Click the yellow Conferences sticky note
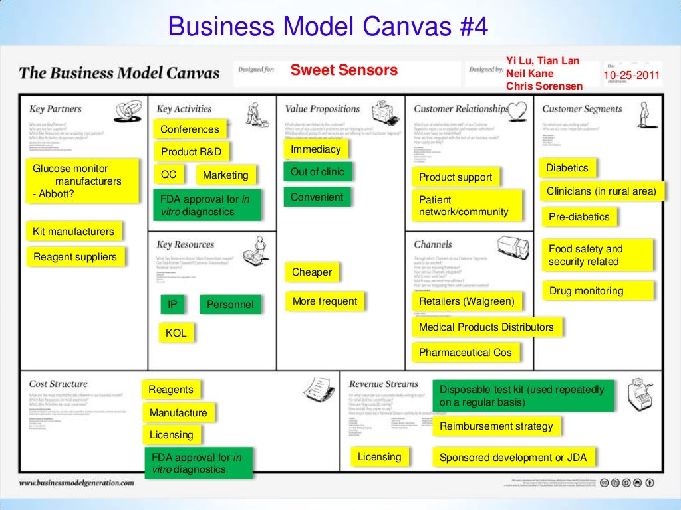pyautogui.click(x=190, y=129)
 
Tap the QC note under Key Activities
pyautogui.click(x=169, y=175)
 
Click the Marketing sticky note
pyautogui.click(x=225, y=175)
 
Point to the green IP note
pyautogui.click(x=172, y=305)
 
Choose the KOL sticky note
pyautogui.click(x=176, y=333)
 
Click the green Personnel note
pyautogui.click(x=230, y=305)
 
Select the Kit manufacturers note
pyautogui.click(x=73, y=232)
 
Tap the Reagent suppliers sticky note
pyautogui.click(x=75, y=257)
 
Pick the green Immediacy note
pyautogui.click(x=316, y=149)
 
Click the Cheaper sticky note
pyautogui.click(x=312, y=272)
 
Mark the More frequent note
pyautogui.click(x=325, y=301)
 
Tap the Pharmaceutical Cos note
pyautogui.click(x=466, y=353)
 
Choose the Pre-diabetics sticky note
pyautogui.click(x=579, y=217)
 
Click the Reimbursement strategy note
pyautogui.click(x=496, y=426)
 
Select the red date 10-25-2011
pyautogui.click(x=632, y=76)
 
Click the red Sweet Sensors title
pyautogui.click(x=344, y=70)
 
